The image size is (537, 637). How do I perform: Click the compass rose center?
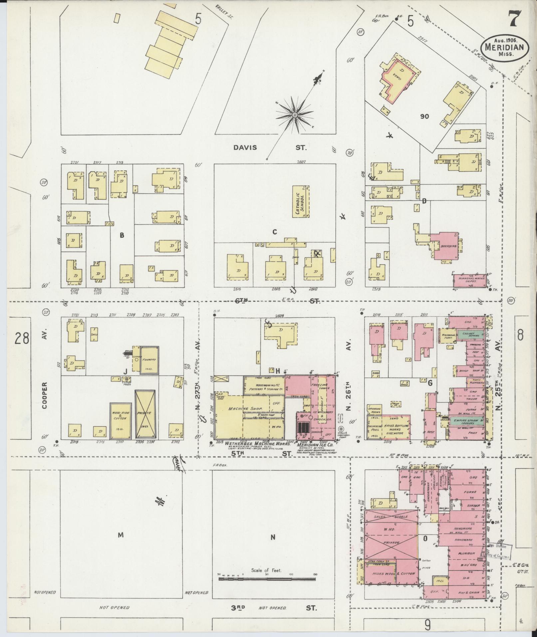point(294,115)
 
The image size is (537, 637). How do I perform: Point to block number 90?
point(424,117)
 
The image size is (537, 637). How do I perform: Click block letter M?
point(121,535)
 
